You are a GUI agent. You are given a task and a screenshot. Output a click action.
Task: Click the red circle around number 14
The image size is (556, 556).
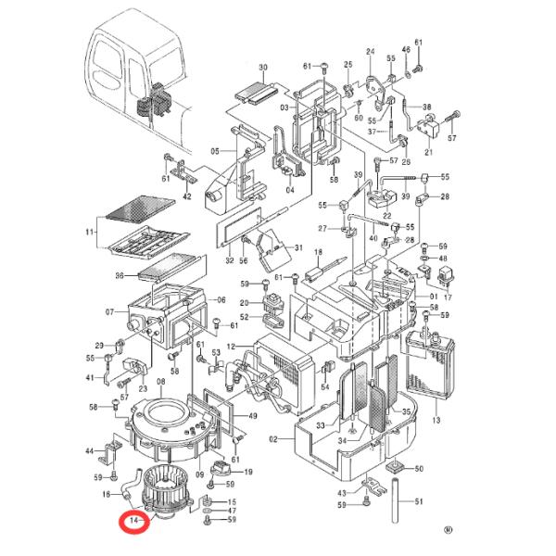pos(134,521)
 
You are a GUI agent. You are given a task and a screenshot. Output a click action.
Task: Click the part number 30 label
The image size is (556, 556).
pos(263,67)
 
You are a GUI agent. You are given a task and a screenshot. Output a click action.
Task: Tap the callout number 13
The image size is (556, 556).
pos(436,420)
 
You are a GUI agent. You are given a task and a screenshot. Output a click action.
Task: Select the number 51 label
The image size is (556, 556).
pos(419,501)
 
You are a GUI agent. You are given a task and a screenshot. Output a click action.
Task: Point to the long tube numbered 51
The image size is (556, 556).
pos(397,500)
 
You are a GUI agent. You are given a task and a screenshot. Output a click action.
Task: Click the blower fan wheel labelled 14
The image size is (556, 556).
pos(165,487)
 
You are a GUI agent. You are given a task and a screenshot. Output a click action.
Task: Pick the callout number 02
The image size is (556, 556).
pos(273,439)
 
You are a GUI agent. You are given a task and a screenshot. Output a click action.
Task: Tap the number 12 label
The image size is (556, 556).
pos(231,347)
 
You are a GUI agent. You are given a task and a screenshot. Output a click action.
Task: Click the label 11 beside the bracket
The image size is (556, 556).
pos(89,233)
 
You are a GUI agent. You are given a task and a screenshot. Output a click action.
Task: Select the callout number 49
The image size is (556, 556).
pos(252,416)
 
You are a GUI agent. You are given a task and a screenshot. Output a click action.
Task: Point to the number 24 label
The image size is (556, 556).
pos(370,52)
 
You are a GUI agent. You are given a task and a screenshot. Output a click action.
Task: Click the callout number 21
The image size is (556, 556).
pos(429,152)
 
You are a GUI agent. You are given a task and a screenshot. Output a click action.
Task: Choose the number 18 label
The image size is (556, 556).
pos(319,252)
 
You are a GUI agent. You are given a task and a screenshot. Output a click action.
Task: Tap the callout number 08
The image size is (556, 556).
pos(161,382)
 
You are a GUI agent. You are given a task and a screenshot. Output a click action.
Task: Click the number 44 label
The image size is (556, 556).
pos(89,451)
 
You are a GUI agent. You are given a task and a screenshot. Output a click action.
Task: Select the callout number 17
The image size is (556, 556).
pos(448,297)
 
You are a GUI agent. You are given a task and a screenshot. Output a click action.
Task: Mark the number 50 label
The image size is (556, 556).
pos(419,469)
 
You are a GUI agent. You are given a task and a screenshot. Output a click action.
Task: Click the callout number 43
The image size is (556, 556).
pos(342,493)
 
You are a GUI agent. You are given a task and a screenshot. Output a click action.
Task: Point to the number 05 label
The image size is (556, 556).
pos(215,152)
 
